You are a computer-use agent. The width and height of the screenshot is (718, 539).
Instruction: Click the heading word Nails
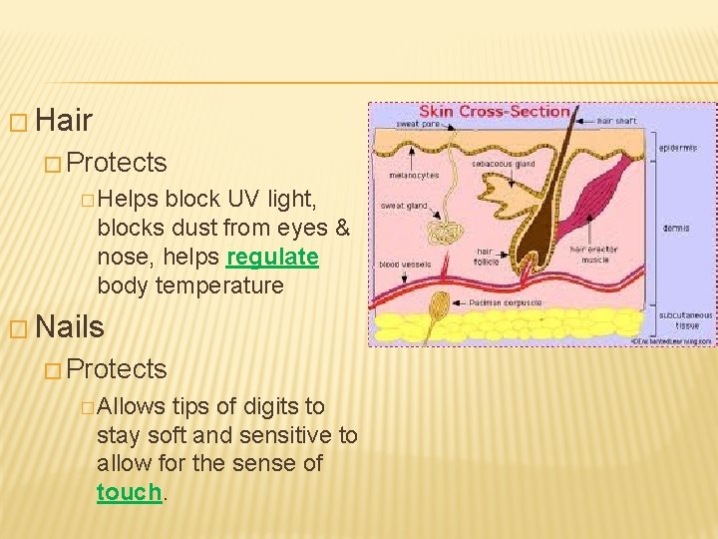(x=69, y=326)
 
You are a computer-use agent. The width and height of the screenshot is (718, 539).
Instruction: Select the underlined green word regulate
(x=272, y=257)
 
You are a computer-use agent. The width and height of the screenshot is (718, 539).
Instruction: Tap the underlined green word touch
(x=129, y=492)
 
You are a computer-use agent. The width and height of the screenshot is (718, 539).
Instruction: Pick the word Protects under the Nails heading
(x=118, y=368)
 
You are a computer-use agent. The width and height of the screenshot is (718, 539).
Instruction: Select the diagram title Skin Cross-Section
(x=495, y=111)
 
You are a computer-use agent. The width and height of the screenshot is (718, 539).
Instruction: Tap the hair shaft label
(x=616, y=122)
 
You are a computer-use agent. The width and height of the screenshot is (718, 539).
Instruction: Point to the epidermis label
(x=679, y=148)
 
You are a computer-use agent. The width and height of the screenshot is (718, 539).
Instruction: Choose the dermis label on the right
(x=675, y=228)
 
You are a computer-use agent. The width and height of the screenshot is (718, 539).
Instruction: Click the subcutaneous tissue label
(x=685, y=319)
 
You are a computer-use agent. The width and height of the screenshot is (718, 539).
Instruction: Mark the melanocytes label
(x=414, y=176)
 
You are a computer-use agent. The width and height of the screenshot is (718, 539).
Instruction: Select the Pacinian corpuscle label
(x=506, y=300)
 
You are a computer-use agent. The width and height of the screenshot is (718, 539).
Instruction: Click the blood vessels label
(x=405, y=265)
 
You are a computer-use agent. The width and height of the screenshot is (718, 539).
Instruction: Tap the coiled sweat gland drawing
(x=439, y=233)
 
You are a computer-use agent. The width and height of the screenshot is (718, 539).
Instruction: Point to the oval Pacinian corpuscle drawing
(x=438, y=303)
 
